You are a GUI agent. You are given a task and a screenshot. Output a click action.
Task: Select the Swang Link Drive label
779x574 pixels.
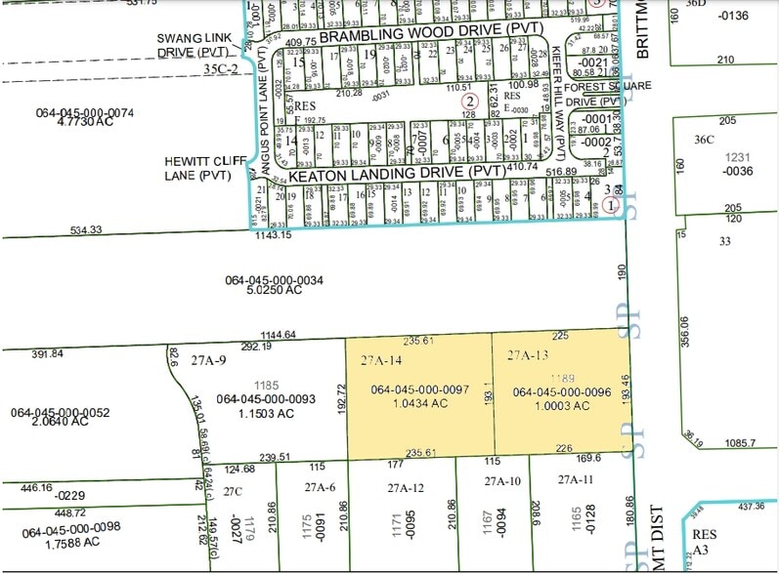pos(200,44)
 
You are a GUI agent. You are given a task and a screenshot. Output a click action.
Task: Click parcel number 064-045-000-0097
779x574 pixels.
pos(420,390)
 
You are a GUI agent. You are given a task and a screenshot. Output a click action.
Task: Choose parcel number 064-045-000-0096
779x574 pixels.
pos(561,393)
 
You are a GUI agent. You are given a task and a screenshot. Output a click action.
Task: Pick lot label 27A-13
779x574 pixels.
pos(528,357)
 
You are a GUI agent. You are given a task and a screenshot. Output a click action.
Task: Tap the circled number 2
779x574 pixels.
pos(470,101)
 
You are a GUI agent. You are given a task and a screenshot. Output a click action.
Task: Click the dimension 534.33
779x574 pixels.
pos(86,230)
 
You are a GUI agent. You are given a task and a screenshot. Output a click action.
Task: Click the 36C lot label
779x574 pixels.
pos(705,140)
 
